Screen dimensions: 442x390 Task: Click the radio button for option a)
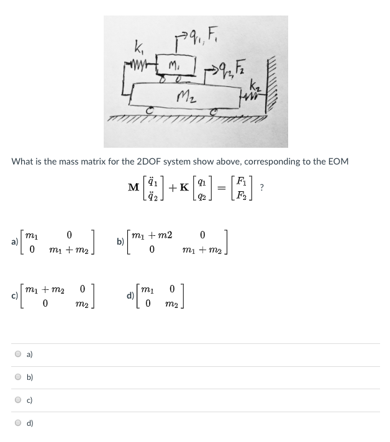[x=20, y=354]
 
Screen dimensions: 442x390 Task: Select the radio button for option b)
[x=20, y=377]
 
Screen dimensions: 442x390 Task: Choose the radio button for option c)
[x=20, y=400]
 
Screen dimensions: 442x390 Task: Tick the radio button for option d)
[x=20, y=423]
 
